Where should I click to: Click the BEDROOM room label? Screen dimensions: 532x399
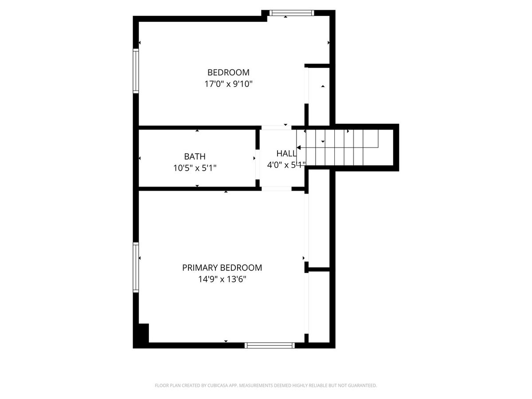228,72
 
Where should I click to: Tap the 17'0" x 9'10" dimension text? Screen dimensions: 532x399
228,84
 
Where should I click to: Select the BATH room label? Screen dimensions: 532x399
195,156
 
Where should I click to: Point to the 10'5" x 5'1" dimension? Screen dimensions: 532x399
195,168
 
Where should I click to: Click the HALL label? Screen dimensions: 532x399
286,153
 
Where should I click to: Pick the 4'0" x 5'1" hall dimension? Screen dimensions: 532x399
286,165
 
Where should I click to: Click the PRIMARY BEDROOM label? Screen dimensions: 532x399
222,268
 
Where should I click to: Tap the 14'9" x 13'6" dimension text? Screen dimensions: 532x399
222,279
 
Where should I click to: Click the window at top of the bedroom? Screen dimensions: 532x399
292,13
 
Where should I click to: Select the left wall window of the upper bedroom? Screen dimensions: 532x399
136,71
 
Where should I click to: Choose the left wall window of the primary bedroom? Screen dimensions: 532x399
136,267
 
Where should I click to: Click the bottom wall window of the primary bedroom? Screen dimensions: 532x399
270,345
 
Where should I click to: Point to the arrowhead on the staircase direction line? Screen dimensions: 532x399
299,148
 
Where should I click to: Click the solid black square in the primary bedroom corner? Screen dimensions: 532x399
144,333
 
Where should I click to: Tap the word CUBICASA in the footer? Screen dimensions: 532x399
218,385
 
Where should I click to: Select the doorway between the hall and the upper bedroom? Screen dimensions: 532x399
276,128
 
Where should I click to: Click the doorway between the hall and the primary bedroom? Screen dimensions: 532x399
276,189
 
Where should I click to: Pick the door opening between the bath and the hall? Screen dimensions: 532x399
258,164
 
